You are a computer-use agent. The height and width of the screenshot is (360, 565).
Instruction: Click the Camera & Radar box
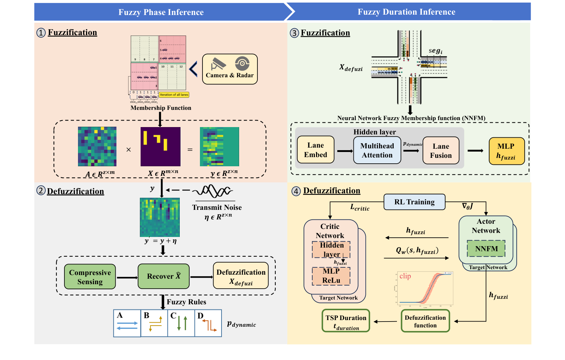pos(230,69)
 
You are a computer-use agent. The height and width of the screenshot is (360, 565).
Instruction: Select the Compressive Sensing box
pos(90,277)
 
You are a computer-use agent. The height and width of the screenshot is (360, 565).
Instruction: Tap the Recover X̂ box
pos(164,276)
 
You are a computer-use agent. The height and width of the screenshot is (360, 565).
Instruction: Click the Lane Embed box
pos(315,150)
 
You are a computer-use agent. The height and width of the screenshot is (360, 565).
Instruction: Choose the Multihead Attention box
pos(377,151)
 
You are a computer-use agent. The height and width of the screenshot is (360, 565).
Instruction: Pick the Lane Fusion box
pos(441,151)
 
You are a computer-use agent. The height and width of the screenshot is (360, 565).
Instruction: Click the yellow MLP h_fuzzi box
pos(506,151)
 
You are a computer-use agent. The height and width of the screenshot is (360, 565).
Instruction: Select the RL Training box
pos(414,202)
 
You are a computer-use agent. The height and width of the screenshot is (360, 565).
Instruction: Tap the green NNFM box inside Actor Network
pos(486,249)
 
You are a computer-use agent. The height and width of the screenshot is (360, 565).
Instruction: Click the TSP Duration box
pos(346,321)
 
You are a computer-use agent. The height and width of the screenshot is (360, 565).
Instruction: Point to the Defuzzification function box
pos(425,321)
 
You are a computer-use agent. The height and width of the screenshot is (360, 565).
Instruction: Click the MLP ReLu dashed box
pos(331,276)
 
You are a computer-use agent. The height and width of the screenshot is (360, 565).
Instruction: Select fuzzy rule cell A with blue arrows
pos(127,323)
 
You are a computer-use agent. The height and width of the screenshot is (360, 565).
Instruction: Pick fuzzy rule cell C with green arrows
pos(181,323)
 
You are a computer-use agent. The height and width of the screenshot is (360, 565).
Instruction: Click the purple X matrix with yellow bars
pos(160,146)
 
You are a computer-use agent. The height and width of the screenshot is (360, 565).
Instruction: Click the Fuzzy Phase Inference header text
pos(161,12)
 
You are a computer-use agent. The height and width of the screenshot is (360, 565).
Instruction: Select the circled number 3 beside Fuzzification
pos(294,33)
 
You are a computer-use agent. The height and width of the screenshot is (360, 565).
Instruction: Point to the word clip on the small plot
pos(405,276)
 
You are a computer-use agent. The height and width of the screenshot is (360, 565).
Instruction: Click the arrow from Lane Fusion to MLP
pos(475,151)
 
